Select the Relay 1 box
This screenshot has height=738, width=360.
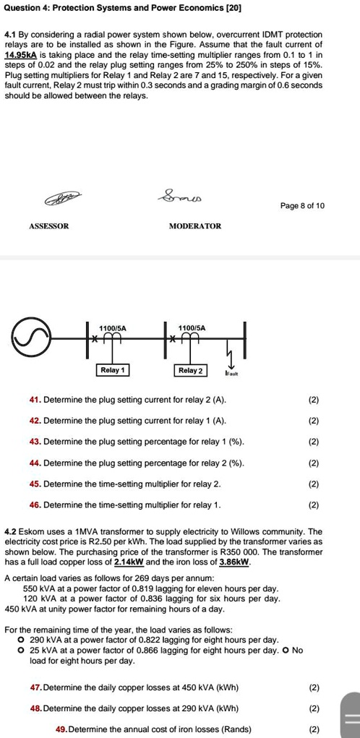[x=113, y=370]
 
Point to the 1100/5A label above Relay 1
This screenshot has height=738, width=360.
[x=112, y=328]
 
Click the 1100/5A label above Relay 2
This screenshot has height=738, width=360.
[x=191, y=328]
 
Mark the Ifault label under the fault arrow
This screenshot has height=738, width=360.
[x=231, y=374]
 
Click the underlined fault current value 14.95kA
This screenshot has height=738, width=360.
[x=22, y=55]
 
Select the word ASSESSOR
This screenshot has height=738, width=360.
[x=49, y=226]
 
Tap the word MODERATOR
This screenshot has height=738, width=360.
[x=194, y=226]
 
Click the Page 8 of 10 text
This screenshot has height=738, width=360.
[x=302, y=206]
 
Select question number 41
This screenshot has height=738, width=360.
[x=34, y=400]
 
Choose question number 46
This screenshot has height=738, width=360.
[x=34, y=505]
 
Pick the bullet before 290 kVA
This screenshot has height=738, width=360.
[x=22, y=640]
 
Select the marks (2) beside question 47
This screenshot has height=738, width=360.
[x=314, y=687]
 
